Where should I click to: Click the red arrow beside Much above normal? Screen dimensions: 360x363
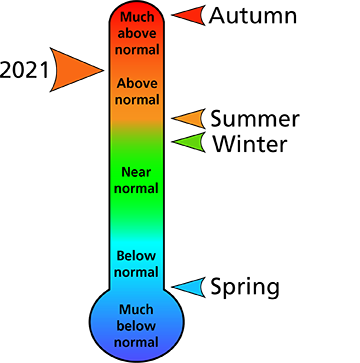point(192,15)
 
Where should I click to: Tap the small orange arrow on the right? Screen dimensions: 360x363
point(191,119)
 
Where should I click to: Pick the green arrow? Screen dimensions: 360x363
point(191,142)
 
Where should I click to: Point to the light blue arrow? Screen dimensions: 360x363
point(191,288)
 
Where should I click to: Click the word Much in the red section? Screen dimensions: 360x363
point(137,17)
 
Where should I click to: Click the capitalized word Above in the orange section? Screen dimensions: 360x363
point(137,83)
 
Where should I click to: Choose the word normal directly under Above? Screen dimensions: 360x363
point(137,99)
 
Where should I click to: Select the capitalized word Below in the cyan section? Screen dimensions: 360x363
point(137,256)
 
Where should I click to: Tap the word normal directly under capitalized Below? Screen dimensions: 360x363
point(137,272)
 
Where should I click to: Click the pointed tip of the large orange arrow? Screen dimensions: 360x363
point(101,70)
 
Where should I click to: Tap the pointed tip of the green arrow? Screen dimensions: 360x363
point(175,142)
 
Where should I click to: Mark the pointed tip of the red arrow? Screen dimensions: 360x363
point(176,15)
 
